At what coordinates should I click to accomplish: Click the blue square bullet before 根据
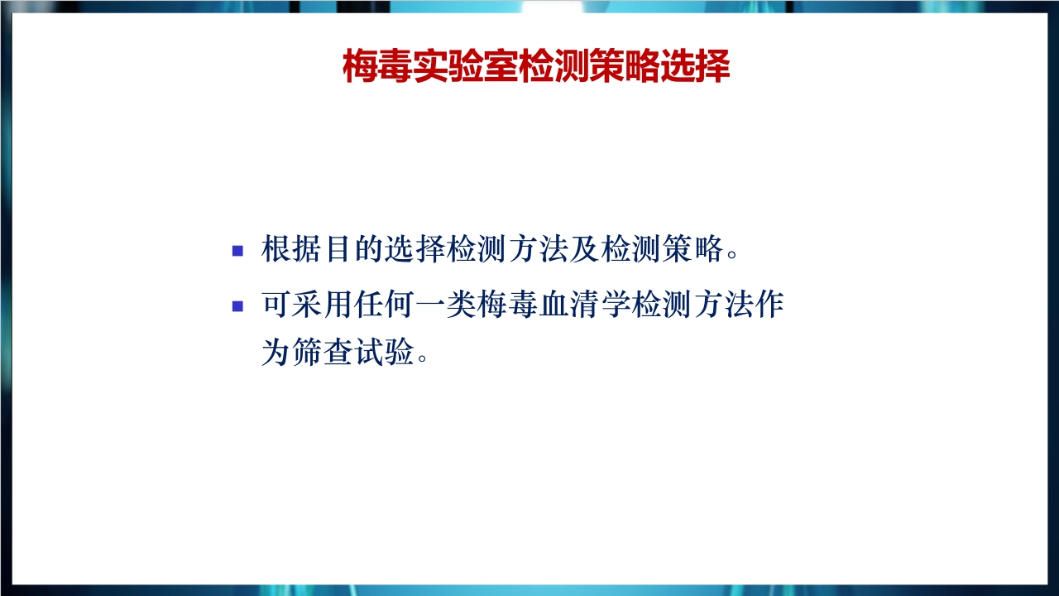(238, 250)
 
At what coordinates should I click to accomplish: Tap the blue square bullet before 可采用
(238, 305)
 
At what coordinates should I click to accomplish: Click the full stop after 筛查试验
(423, 359)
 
